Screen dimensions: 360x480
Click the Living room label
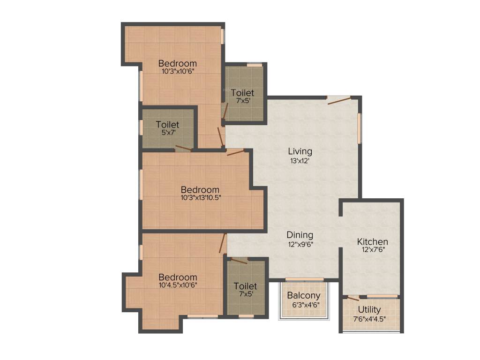[300, 151]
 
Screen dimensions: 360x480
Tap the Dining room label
[300, 235]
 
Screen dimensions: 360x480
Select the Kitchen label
[373, 242]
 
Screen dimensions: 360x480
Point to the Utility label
[369, 310]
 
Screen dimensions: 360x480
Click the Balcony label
[304, 296]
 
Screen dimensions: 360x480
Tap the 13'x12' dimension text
[300, 161]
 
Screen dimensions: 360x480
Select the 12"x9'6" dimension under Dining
[300, 244]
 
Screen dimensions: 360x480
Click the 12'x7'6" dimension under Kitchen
[373, 250]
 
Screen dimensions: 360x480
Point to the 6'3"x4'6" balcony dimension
[304, 304]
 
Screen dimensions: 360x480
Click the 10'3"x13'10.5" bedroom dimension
[201, 197]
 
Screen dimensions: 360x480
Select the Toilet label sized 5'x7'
[167, 125]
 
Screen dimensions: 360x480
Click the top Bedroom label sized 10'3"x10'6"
[177, 63]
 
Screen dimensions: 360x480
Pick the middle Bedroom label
[200, 189]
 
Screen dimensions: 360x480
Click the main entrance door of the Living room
[338, 100]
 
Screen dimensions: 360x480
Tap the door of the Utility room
[353, 298]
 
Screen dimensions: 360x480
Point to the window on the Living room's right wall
[360, 127]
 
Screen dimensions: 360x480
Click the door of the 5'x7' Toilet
[183, 149]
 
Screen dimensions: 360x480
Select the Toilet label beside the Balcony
[245, 286]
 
